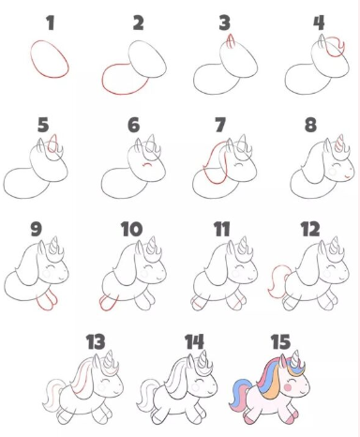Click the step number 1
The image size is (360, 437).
(x=51, y=23)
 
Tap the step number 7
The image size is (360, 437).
(x=220, y=125)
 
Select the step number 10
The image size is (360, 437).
(x=132, y=229)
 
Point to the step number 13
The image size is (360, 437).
(x=96, y=341)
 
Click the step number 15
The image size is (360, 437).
(x=280, y=341)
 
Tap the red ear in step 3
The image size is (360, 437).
(x=231, y=41)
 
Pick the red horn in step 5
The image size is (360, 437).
(x=54, y=142)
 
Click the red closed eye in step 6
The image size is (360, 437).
(x=147, y=164)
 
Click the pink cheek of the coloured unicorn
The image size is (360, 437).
(x=288, y=387)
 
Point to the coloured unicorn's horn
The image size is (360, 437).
(x=295, y=357)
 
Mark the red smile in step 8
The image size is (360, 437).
(x=348, y=177)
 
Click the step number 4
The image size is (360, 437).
(x=319, y=23)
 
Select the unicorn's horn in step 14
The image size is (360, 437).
(x=203, y=358)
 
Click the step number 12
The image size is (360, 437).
(x=310, y=229)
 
